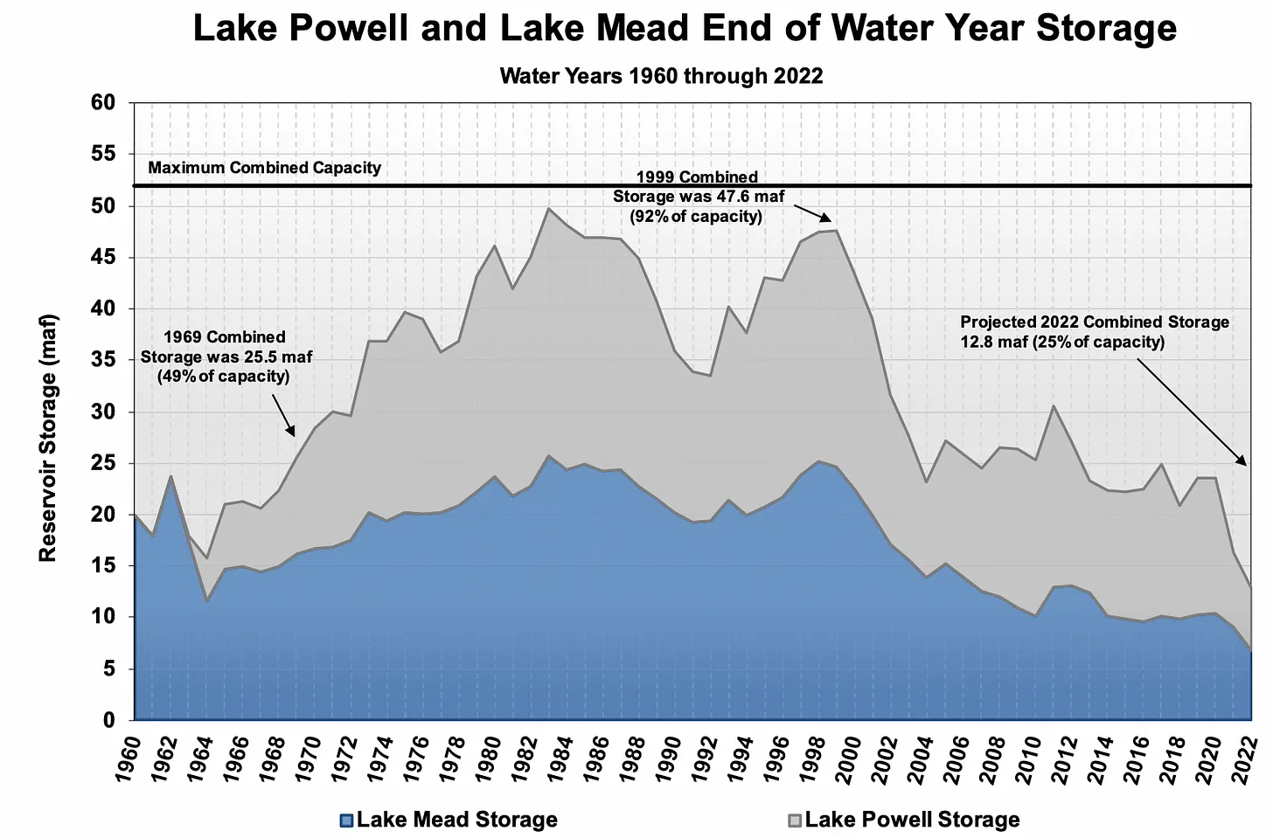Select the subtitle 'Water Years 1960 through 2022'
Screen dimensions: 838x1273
click(x=661, y=76)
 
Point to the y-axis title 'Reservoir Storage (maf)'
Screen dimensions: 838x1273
click(x=48, y=437)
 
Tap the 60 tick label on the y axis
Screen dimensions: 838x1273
click(x=102, y=103)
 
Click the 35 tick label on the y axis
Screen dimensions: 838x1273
click(x=102, y=360)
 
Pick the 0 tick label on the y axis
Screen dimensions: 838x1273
click(x=109, y=721)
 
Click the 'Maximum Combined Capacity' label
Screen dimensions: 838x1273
click(x=264, y=168)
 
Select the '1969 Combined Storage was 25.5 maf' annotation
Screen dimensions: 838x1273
click(x=226, y=357)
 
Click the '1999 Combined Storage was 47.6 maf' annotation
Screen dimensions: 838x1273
click(x=698, y=197)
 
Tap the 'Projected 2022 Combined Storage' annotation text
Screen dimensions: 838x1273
click(x=1094, y=332)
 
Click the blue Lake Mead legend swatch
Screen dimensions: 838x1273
click(x=347, y=821)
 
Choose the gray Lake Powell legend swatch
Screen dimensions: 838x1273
click(x=795, y=821)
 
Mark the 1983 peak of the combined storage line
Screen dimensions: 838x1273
click(x=549, y=208)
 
